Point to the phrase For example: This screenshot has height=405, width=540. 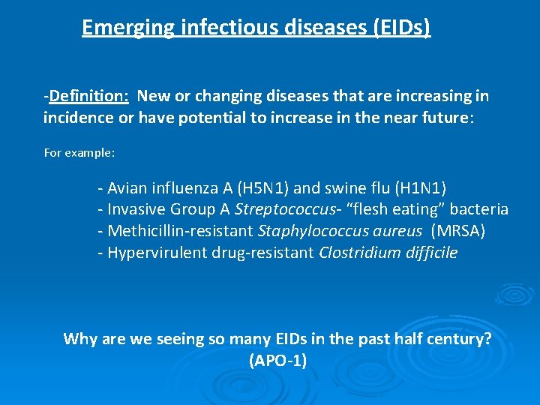[x=79, y=152]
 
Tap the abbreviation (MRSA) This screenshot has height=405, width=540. [x=458, y=231]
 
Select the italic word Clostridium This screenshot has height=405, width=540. [x=357, y=253]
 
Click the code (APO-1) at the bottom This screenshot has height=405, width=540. [x=277, y=361]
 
